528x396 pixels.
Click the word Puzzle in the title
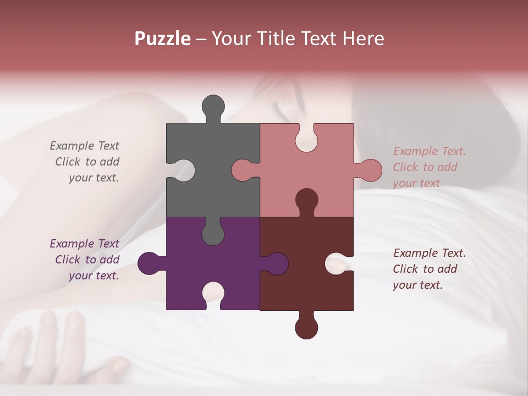[x=163, y=39]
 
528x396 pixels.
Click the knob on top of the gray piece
[x=213, y=106]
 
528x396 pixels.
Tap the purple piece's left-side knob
[x=148, y=263]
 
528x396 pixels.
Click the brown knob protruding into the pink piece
[x=306, y=200]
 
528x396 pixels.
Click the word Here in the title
[x=363, y=39]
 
